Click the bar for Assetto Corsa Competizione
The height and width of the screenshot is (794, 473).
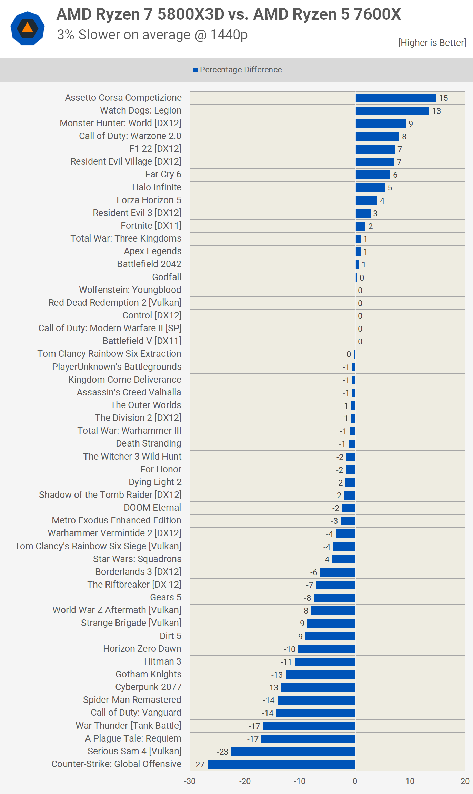(x=395, y=98)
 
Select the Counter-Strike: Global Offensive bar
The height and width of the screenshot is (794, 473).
(x=281, y=764)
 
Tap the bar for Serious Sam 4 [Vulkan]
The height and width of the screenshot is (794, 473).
(x=293, y=752)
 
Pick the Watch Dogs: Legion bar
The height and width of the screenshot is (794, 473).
(x=392, y=111)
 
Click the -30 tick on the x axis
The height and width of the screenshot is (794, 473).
(x=190, y=781)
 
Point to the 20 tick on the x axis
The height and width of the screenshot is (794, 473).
(x=465, y=781)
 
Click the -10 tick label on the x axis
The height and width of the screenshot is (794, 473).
(x=299, y=781)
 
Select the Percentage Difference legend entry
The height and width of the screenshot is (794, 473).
(x=238, y=70)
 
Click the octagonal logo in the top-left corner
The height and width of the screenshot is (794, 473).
(x=28, y=28)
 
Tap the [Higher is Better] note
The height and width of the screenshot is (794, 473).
(x=432, y=43)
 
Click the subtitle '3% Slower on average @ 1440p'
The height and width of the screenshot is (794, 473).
(x=152, y=35)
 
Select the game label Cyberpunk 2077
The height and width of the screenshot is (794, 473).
(x=148, y=687)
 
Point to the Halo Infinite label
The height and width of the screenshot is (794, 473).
(x=157, y=187)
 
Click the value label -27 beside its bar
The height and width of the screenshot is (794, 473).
(x=199, y=765)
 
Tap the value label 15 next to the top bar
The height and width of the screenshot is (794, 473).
(x=443, y=98)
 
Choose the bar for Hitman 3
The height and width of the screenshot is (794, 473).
(x=325, y=662)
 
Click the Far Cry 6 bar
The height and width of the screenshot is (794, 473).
(x=373, y=175)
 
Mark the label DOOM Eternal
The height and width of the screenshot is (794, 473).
(x=152, y=508)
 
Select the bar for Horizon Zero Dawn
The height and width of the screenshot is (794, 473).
(x=326, y=649)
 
